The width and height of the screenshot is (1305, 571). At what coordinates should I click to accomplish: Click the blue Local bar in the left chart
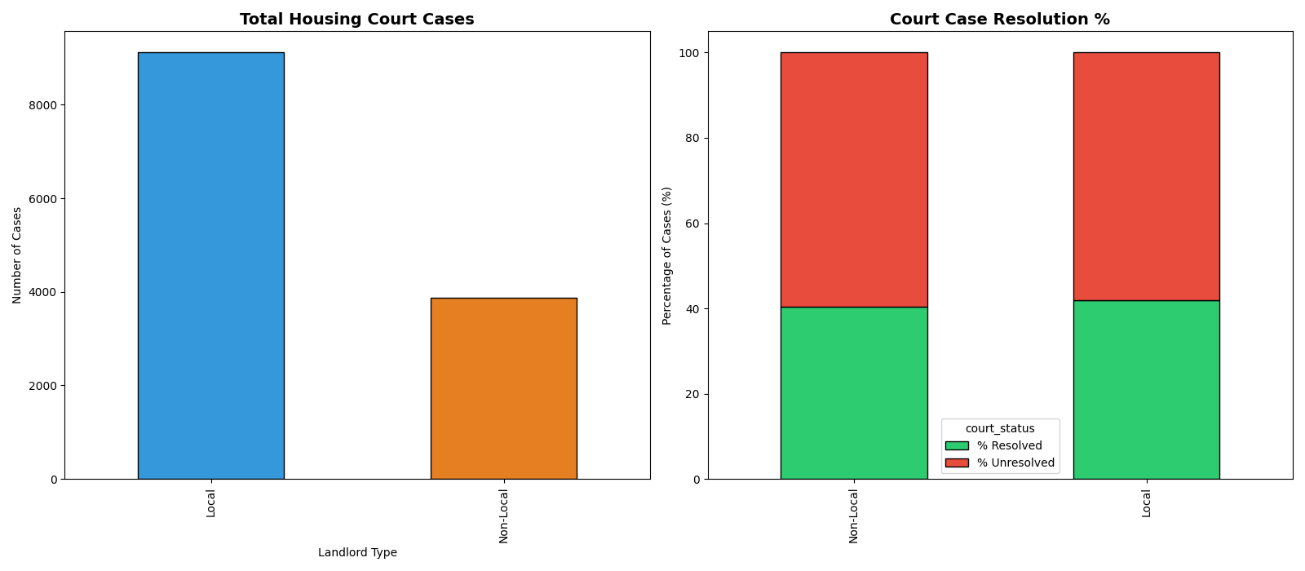pos(210,265)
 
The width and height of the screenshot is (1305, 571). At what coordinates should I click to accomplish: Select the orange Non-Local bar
pos(503,388)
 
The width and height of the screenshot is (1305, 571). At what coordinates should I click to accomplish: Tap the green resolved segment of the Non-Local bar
pos(853,393)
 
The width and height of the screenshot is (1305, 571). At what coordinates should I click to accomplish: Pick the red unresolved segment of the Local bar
pos(1146,176)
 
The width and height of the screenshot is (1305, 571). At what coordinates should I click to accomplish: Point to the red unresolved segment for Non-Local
pos(853,179)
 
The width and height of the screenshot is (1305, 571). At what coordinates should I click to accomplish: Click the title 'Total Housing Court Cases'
pos(356,20)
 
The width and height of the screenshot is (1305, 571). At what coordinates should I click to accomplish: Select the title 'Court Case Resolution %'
pos(999,20)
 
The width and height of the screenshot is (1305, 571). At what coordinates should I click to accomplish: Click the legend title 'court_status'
pos(999,429)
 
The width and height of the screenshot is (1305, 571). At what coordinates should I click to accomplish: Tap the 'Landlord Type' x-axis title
pos(357,553)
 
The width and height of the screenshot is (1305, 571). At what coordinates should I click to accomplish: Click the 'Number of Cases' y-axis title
pos(18,255)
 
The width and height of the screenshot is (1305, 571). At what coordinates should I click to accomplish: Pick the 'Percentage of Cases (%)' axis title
pos(667,255)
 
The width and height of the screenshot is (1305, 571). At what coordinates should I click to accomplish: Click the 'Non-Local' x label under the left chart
pos(503,516)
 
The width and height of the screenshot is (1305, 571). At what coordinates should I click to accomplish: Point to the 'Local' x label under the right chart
pos(1146,503)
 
